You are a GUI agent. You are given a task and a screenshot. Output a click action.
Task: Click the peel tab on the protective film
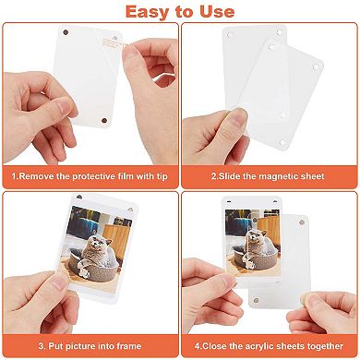(119, 42)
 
